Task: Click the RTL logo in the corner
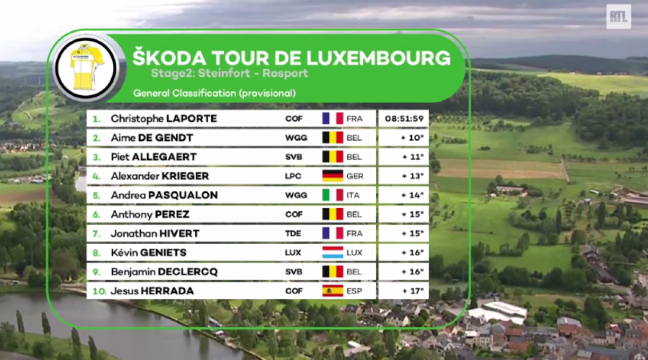(x=618, y=17)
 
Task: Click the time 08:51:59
(x=404, y=119)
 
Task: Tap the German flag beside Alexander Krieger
(x=332, y=176)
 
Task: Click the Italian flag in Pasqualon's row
(x=332, y=195)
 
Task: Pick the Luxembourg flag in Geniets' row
(x=332, y=253)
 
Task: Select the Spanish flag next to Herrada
(x=332, y=291)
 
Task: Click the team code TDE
(x=294, y=233)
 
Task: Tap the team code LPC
(x=294, y=176)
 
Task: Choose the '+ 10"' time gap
(x=412, y=138)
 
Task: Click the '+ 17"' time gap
(x=412, y=291)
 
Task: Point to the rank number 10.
(x=99, y=291)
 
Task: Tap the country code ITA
(x=353, y=195)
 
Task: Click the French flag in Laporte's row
(x=332, y=119)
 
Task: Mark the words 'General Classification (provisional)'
(x=214, y=94)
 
